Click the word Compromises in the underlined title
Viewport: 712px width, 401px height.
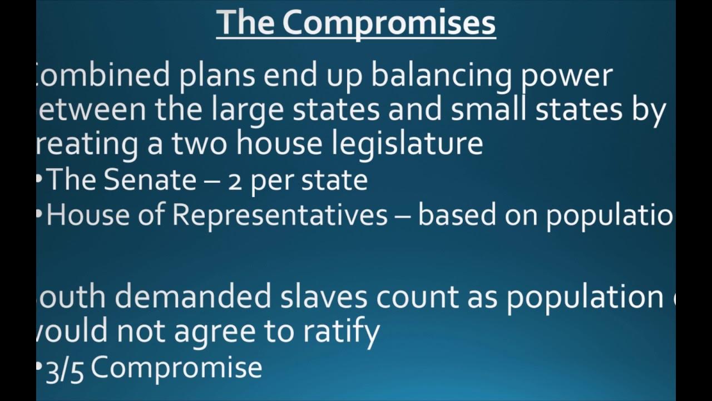tap(389, 23)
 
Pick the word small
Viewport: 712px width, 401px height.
tap(489, 110)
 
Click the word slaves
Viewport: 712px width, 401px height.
tap(324, 297)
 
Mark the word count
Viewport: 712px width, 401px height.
tap(418, 297)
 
